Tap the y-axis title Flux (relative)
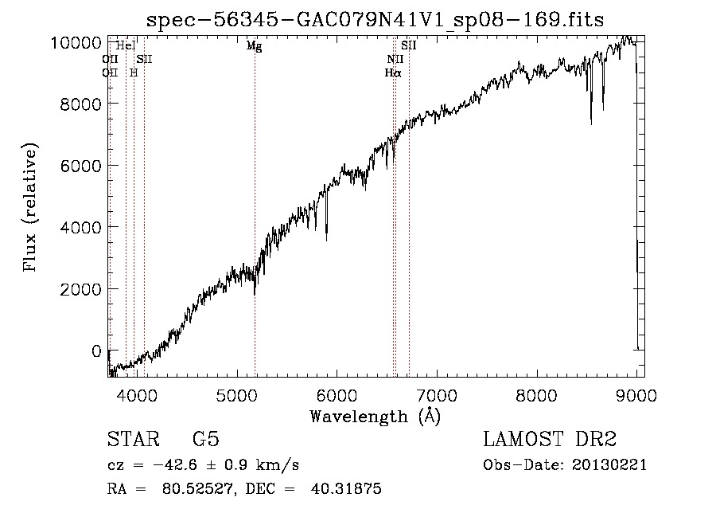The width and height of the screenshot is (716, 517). (31, 208)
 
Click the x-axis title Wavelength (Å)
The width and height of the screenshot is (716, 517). (375, 416)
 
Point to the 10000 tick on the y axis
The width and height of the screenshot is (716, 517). (76, 42)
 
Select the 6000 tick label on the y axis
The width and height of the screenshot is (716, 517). (80, 166)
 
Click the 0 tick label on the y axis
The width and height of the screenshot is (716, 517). (95, 351)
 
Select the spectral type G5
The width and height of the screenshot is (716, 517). (206, 440)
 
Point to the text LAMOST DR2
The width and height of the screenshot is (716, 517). (550, 440)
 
